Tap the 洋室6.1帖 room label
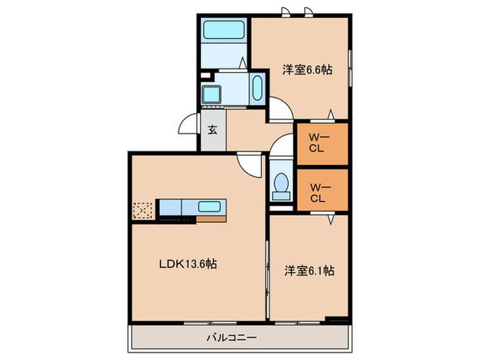tap(309, 270)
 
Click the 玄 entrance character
tap(213, 130)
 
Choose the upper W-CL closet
tap(321, 145)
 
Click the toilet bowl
tap(280, 184)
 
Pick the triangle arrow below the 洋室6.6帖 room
tap(331, 113)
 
